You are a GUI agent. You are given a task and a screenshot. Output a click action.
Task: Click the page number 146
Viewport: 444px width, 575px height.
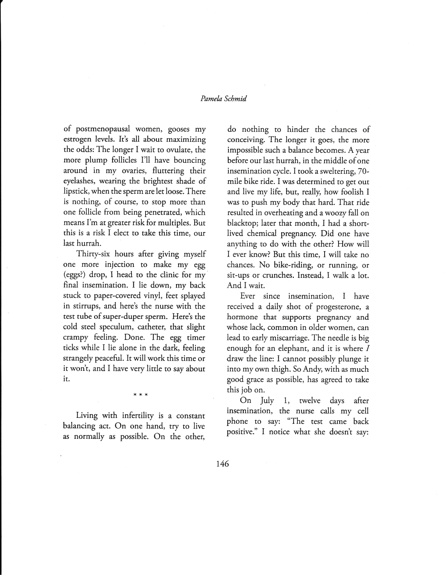point(222,464)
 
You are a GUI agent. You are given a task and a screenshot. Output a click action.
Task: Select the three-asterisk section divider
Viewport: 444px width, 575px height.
point(141,395)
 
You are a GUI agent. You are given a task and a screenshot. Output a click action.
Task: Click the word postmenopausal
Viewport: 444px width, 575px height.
point(103,129)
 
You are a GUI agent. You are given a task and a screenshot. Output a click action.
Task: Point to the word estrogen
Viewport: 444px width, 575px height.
point(78,140)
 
